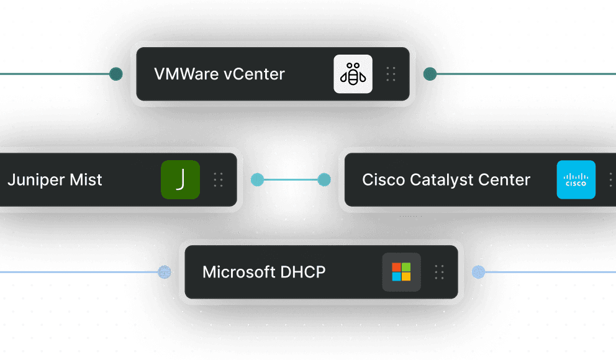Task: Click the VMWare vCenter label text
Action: pyautogui.click(x=219, y=74)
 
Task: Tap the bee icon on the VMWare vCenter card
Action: pyautogui.click(x=353, y=74)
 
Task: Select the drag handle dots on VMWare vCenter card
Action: pyautogui.click(x=391, y=74)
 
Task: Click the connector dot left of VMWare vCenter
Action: pyautogui.click(x=115, y=74)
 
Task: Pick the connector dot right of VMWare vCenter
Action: pyautogui.click(x=428, y=74)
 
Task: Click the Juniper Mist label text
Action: pyautogui.click(x=55, y=180)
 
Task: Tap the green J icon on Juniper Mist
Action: pyautogui.click(x=180, y=180)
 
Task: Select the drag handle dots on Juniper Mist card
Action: pyautogui.click(x=218, y=180)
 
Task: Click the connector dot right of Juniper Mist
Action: pyautogui.click(x=256, y=180)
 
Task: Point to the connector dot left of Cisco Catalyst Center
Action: pyautogui.click(x=324, y=180)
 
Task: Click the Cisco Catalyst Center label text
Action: pyautogui.click(x=446, y=180)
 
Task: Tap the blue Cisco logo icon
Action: pyautogui.click(x=576, y=180)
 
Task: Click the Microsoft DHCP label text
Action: pyautogui.click(x=264, y=272)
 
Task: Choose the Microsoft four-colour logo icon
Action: pyautogui.click(x=401, y=272)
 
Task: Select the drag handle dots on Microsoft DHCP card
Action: pyautogui.click(x=440, y=272)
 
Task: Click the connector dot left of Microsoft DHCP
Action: pyautogui.click(x=164, y=272)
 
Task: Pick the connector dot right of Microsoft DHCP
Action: pyautogui.click(x=478, y=272)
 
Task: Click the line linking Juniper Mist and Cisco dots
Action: pyautogui.click(x=290, y=180)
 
